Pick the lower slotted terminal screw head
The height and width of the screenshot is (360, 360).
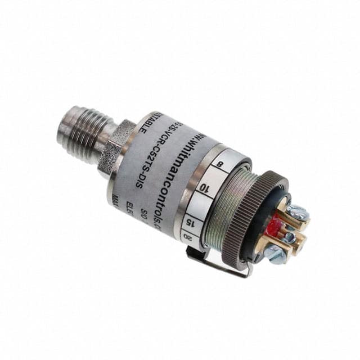click(x=276, y=255)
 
